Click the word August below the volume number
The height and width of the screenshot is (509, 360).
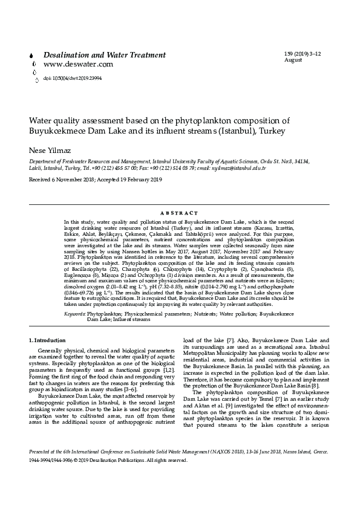click(x=293, y=60)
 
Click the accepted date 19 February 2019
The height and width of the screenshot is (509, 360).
click(x=136, y=180)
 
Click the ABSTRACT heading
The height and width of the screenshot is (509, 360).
click(x=180, y=213)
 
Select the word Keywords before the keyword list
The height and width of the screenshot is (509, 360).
click(x=74, y=314)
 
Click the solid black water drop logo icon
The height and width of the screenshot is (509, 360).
click(x=31, y=55)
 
